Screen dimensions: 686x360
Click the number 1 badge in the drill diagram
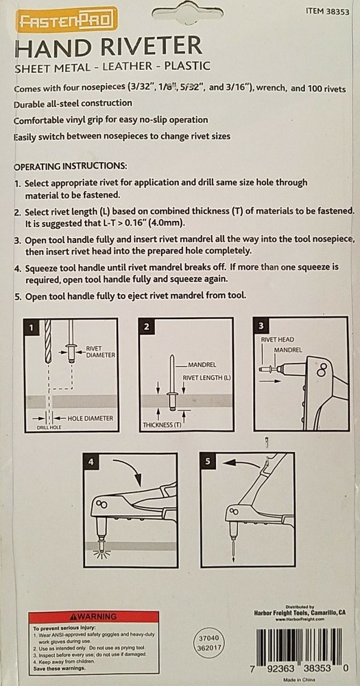31,327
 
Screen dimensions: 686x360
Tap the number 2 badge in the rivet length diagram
147,327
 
